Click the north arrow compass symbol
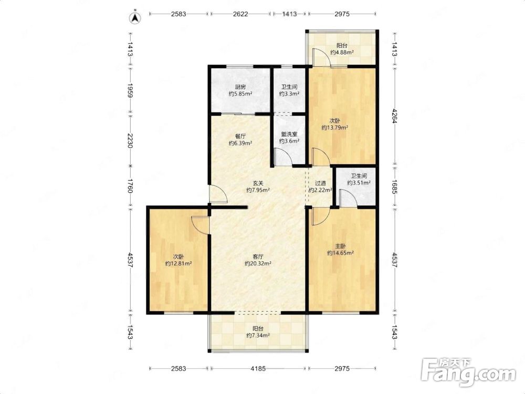(x=135, y=17)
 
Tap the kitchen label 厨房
(x=240, y=87)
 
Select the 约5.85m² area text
(x=240, y=94)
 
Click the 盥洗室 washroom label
(x=289, y=134)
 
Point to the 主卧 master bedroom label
(x=341, y=246)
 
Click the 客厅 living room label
(x=257, y=257)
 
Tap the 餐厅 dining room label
(x=240, y=137)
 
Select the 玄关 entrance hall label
(x=257, y=183)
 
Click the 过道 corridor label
(x=320, y=183)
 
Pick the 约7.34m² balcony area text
(x=258, y=335)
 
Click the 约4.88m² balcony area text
(x=342, y=52)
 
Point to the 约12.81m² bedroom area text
(x=178, y=264)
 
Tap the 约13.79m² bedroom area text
(x=335, y=128)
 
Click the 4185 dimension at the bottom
(x=258, y=369)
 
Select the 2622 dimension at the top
(x=240, y=14)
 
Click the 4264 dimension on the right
(x=394, y=117)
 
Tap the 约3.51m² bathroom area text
(x=359, y=183)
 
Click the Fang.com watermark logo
(x=469, y=372)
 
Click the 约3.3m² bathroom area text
(x=289, y=94)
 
